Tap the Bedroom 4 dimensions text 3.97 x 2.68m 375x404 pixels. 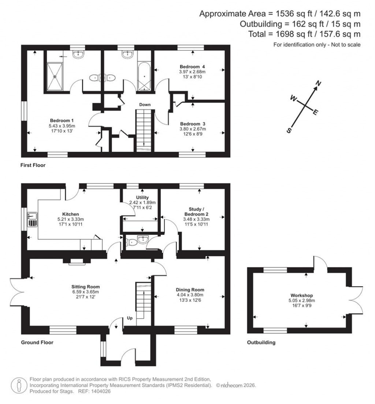[x=192, y=72]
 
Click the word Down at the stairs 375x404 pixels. [x=145, y=105]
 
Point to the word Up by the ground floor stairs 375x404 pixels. [x=130, y=318]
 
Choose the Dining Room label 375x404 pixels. [x=190, y=289]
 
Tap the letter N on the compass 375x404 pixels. [x=319, y=84]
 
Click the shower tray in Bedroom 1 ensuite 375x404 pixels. [x=55, y=76]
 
